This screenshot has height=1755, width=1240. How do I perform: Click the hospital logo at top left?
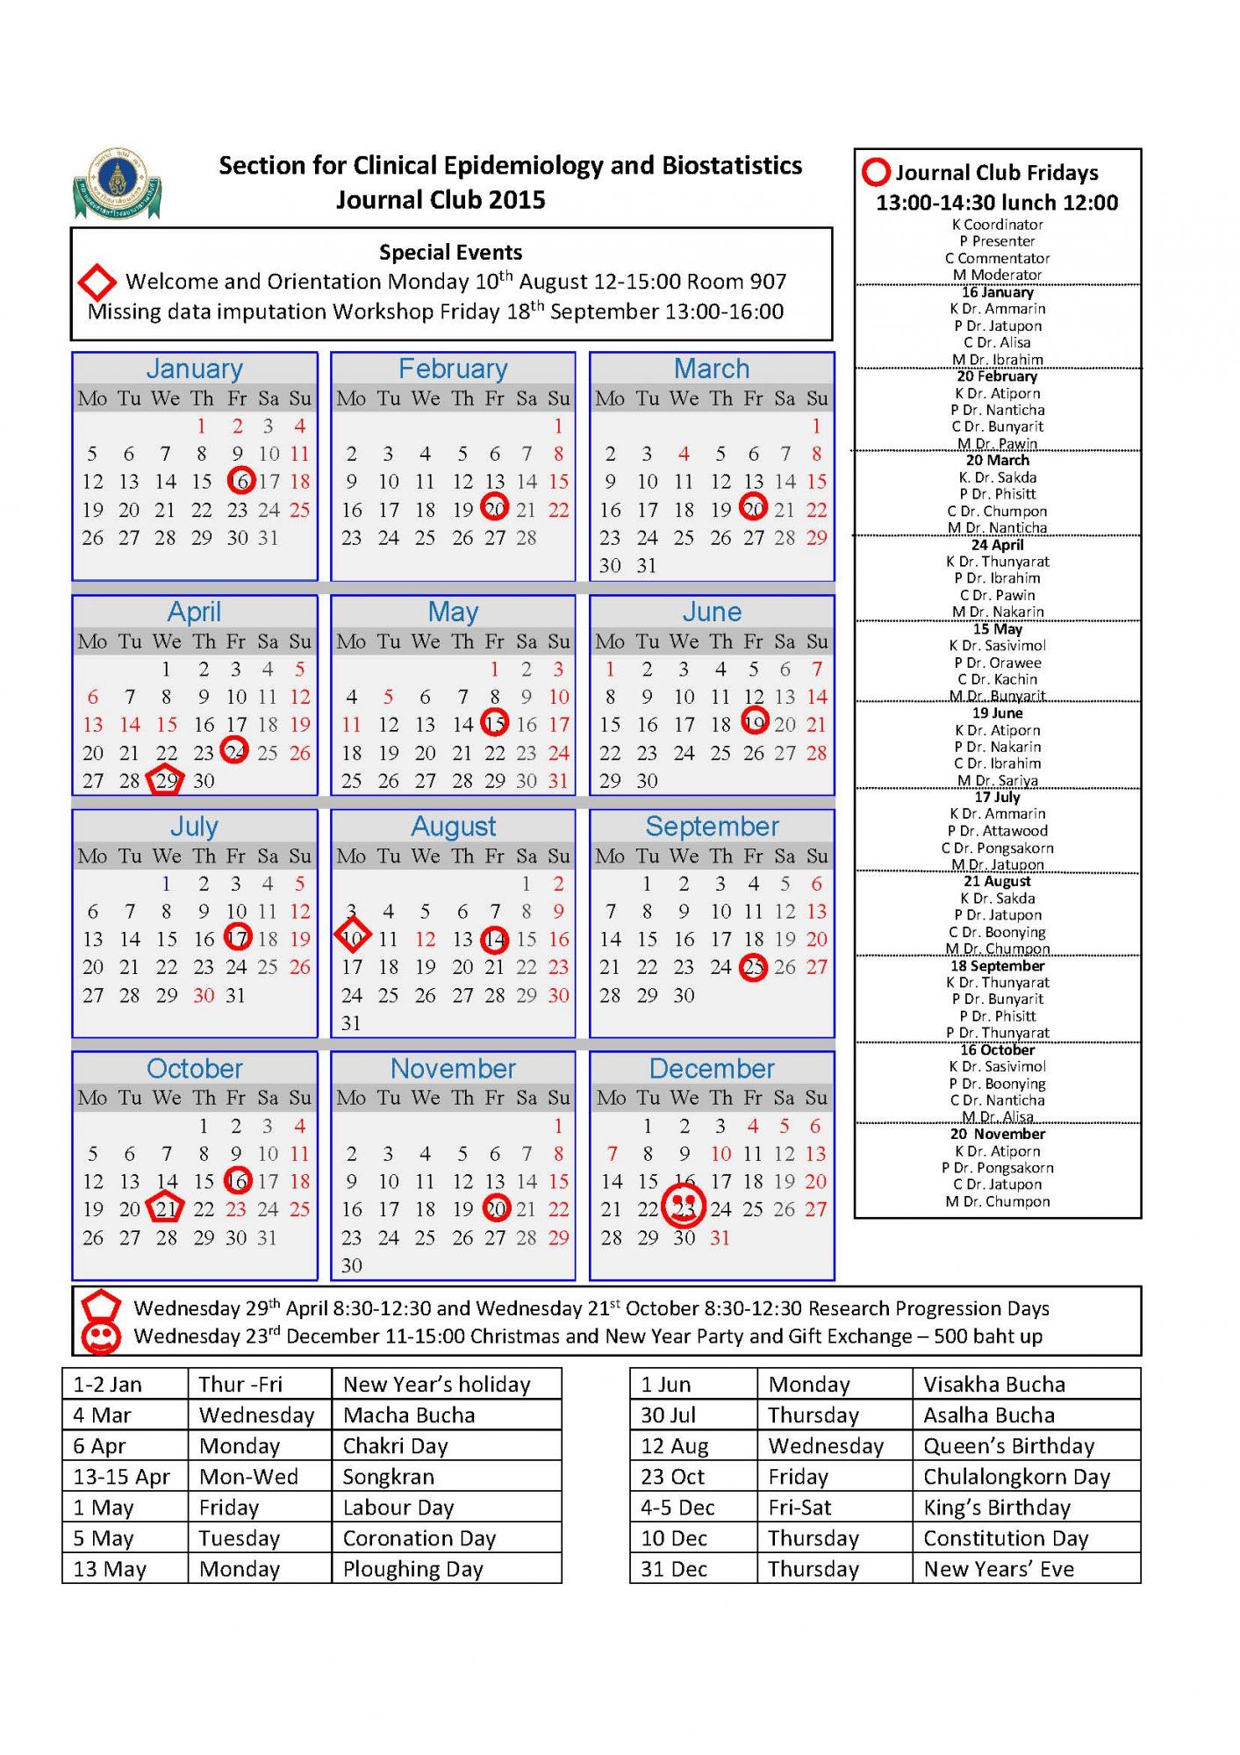coord(117,183)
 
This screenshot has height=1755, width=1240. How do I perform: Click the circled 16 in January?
coord(240,481)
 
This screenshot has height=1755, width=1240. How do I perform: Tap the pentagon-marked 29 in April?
coord(166,780)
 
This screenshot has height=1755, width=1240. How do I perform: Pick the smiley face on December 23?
coord(684,1207)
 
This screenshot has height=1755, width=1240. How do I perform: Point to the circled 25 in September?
coord(753,967)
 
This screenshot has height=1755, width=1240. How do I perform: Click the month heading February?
coord(453,369)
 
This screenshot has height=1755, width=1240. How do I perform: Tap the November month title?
coord(453,1068)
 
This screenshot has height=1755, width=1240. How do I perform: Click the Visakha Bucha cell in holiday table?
coord(1026,1384)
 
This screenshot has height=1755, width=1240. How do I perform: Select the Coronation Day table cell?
coord(446,1537)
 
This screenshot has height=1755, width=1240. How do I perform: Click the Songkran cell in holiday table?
coord(446,1476)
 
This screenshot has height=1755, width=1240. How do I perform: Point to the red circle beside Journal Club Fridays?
coord(876,172)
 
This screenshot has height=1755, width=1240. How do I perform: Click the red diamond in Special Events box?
coord(97,282)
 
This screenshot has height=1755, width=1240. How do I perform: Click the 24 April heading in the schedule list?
coord(998,544)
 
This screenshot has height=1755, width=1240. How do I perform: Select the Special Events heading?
coord(450,253)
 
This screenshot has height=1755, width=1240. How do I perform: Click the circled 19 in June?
coord(755,722)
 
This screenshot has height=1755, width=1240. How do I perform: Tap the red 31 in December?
coord(720,1237)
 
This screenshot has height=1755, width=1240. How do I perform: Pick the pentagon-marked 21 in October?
coord(166,1208)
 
